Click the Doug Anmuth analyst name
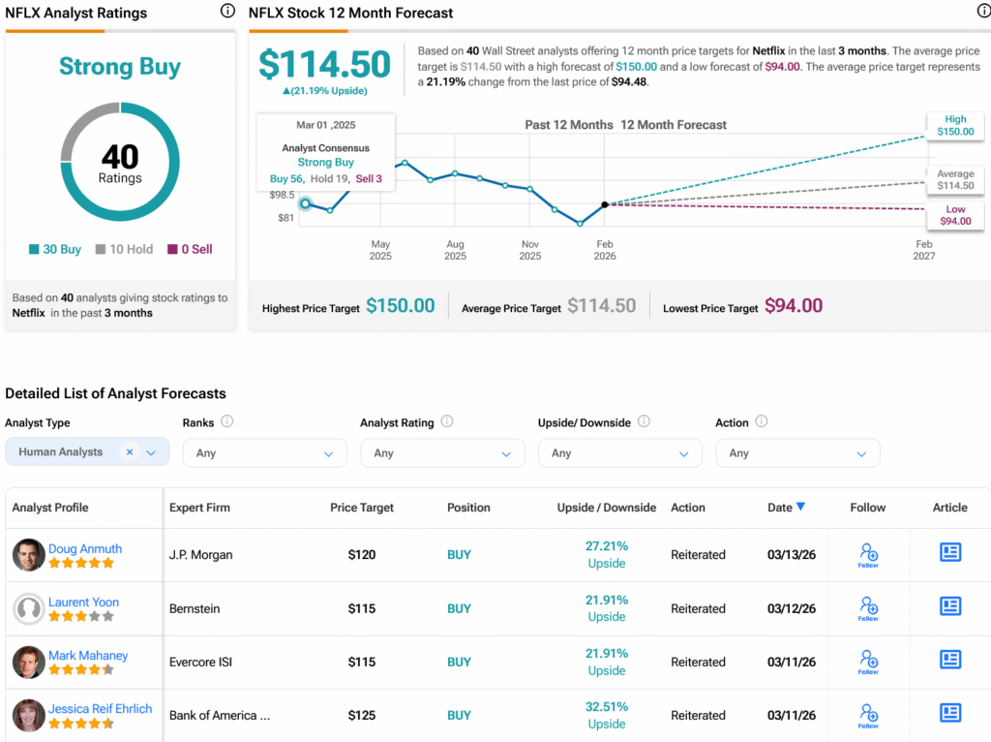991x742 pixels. pos(85,548)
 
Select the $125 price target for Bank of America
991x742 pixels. pos(362,715)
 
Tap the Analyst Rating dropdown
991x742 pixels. pos(442,453)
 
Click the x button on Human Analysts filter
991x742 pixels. pos(129,452)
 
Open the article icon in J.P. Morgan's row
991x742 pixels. pos(950,552)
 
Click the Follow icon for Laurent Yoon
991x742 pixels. pos(868,607)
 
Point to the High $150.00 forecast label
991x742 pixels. pos(954,126)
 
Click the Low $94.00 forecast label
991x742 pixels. pos(954,215)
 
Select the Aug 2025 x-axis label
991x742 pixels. pos(455,250)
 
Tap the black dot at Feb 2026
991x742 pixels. pos(605,204)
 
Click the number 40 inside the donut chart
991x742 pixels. pos(120,156)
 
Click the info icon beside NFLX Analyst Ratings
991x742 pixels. pos(227,12)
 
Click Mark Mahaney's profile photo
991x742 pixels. pos(29,662)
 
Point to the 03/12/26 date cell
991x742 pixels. pos(791,608)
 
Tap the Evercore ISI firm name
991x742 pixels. pos(201,662)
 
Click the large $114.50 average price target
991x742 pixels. pos(324,65)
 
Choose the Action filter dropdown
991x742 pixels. pos(797,453)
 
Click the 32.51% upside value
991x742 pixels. pos(607,706)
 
